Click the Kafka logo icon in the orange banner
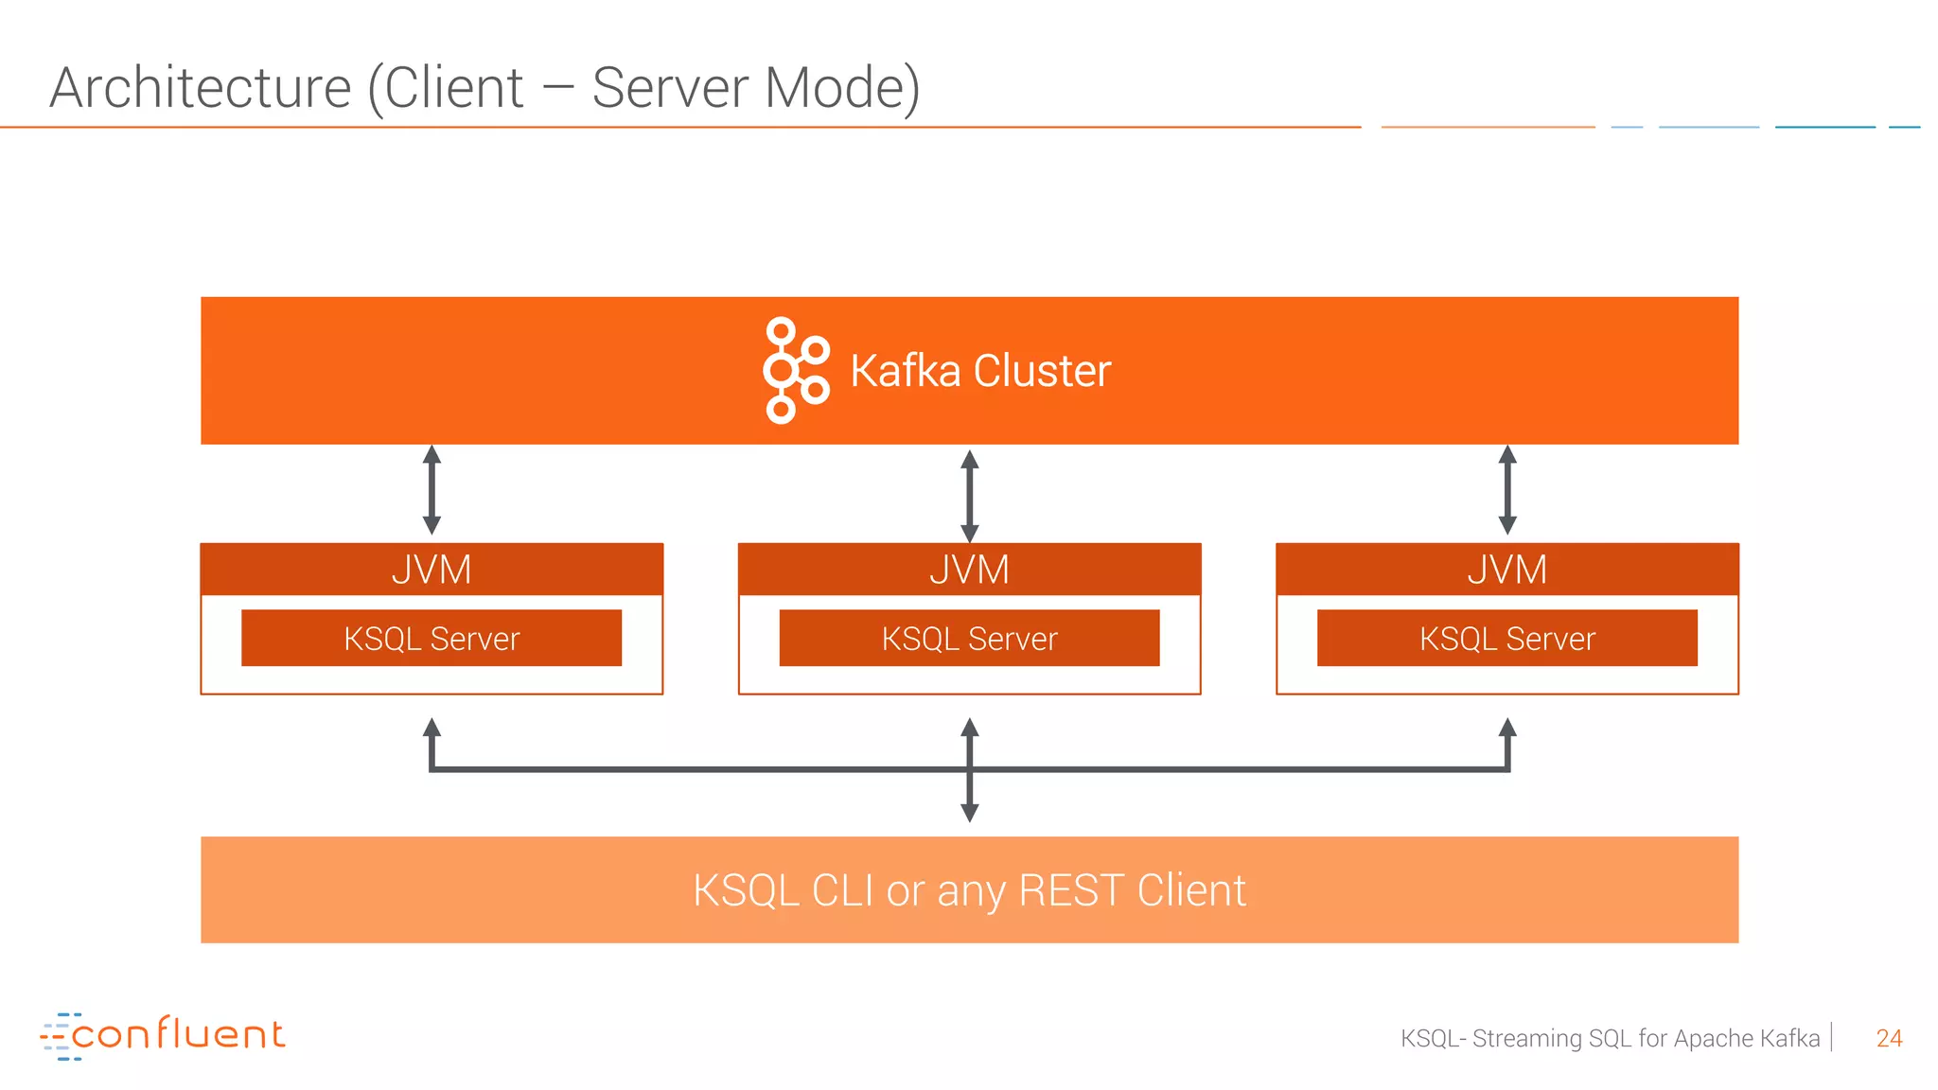[x=795, y=370]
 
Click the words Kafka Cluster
[x=980, y=371]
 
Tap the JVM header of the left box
[x=432, y=570]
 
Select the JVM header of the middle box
[x=969, y=570]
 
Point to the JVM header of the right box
[x=1506, y=570]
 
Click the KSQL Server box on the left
[x=432, y=639]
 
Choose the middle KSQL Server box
[x=969, y=639]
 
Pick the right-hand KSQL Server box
[x=1506, y=639]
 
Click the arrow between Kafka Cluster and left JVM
[x=432, y=490]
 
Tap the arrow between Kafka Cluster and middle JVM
[x=969, y=495]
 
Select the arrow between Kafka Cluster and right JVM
[x=1507, y=490]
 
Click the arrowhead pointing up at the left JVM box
[x=432, y=728]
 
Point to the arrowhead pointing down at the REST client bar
[x=969, y=812]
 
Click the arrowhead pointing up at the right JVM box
[x=1507, y=728]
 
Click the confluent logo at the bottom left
[x=163, y=1035]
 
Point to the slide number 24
[x=1889, y=1038]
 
